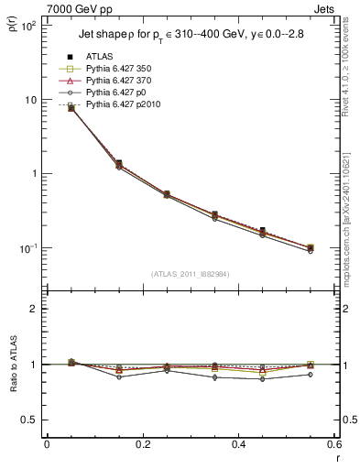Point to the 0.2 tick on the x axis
(142, 446)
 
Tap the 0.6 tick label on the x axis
(333, 446)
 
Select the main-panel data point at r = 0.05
(71, 108)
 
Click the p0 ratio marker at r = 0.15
(119, 376)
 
